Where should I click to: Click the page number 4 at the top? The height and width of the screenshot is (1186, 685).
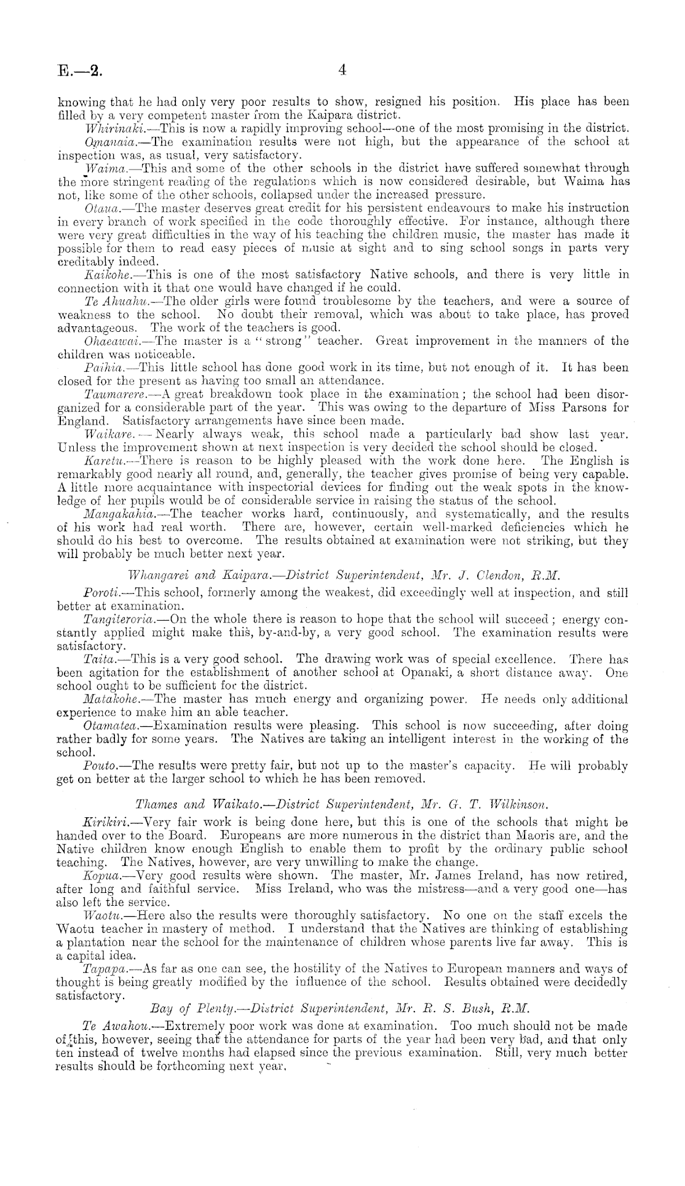point(342,71)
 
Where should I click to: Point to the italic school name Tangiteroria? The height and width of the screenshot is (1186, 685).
point(120,621)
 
